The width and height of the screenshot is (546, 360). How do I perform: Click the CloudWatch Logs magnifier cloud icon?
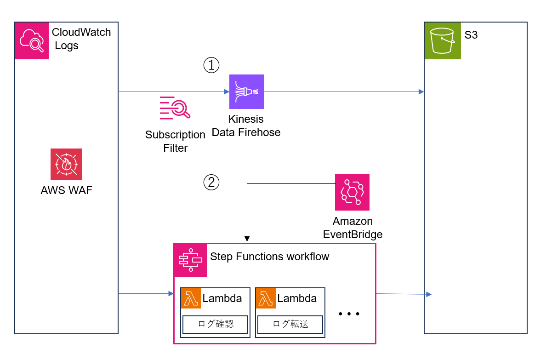(32, 40)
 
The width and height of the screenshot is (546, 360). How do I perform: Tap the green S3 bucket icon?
(442, 40)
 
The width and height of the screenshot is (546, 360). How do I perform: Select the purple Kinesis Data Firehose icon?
(247, 91)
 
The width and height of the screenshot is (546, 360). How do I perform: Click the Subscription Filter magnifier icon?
(175, 108)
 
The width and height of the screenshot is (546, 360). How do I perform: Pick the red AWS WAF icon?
(66, 164)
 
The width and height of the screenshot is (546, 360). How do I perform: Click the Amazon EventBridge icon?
(352, 192)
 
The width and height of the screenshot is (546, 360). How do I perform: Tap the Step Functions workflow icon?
(190, 260)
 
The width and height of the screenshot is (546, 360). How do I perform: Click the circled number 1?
(211, 66)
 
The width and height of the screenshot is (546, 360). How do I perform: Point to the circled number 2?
(211, 183)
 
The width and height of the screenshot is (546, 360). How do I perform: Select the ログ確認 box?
(215, 324)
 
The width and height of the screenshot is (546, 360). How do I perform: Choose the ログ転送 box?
(290, 324)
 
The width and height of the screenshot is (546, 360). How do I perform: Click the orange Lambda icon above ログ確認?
(191, 298)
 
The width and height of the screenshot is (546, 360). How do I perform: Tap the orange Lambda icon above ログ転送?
(266, 298)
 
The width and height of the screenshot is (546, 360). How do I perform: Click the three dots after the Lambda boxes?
(348, 314)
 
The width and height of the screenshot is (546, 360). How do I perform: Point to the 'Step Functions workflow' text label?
(269, 257)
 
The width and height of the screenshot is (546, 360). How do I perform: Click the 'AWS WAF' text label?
(66, 190)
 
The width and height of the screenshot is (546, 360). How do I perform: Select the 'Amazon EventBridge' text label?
(353, 228)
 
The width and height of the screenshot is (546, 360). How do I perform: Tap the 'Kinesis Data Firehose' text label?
(246, 126)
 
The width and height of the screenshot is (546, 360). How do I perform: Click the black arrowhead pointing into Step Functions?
(247, 239)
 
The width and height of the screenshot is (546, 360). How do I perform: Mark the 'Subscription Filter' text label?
(175, 142)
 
